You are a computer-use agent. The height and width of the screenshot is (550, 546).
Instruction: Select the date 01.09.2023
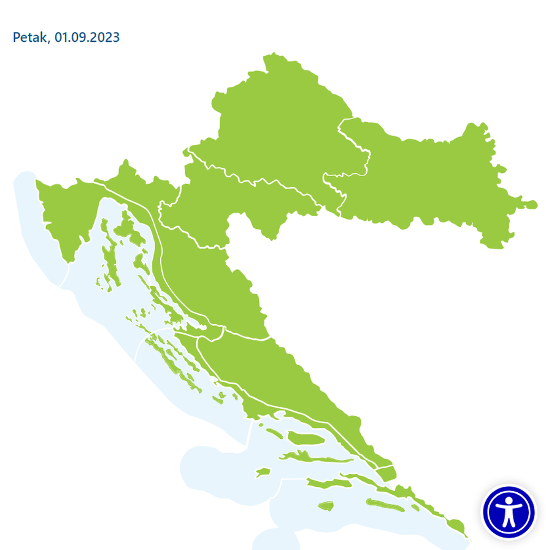(87, 37)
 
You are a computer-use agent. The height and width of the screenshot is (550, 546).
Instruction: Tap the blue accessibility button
(509, 511)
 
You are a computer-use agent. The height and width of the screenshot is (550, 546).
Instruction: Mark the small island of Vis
(263, 472)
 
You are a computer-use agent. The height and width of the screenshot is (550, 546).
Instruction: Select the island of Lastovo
(325, 506)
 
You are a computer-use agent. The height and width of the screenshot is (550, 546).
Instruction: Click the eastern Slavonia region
(429, 178)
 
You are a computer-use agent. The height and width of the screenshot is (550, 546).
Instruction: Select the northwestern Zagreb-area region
(276, 123)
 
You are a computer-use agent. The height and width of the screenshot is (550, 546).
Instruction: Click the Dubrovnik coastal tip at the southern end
(455, 525)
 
